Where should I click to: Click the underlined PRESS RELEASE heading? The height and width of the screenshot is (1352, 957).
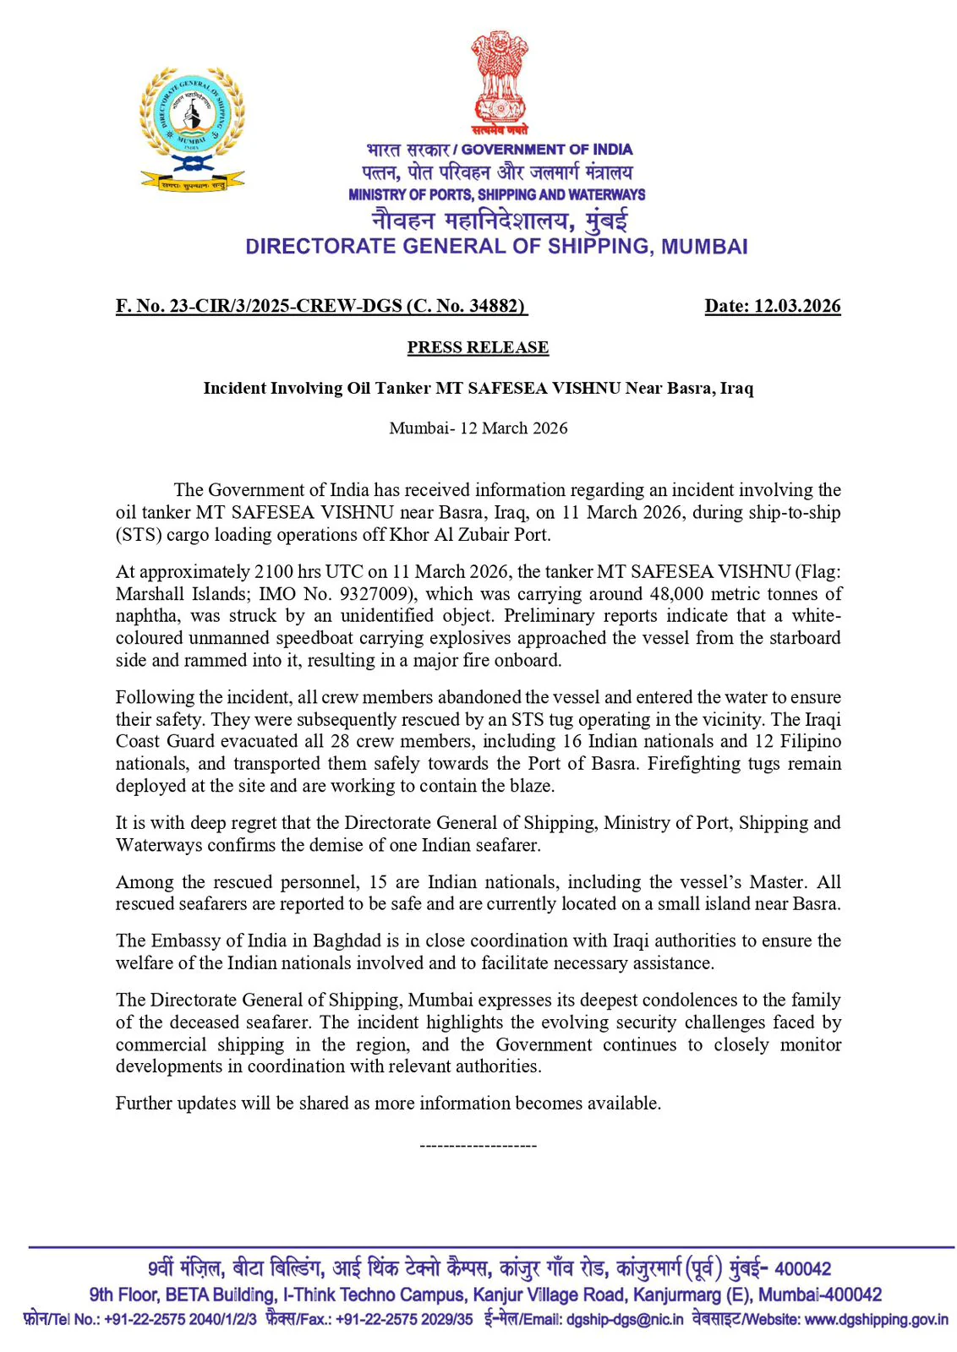click(x=478, y=347)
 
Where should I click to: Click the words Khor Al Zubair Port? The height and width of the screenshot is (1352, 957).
click(x=469, y=535)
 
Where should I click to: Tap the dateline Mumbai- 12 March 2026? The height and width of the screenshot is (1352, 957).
click(x=478, y=428)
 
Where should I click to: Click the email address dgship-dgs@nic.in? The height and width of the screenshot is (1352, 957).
click(x=624, y=1320)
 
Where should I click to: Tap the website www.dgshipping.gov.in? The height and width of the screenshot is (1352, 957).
click(x=876, y=1320)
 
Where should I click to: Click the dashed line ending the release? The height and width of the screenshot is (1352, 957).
click(x=478, y=1146)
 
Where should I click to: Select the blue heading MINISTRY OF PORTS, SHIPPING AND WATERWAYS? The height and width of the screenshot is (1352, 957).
click(x=496, y=194)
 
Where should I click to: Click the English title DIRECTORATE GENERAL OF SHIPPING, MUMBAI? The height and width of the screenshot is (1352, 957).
click(x=496, y=247)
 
